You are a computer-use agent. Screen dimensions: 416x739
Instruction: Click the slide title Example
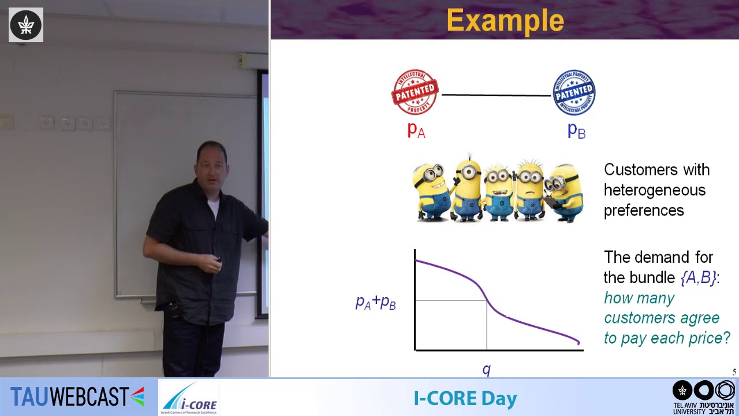(x=505, y=21)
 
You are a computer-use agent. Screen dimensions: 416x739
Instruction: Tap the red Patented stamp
(x=415, y=92)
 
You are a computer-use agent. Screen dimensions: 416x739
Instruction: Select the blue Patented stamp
(x=574, y=92)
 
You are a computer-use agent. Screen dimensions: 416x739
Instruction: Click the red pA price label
(x=416, y=130)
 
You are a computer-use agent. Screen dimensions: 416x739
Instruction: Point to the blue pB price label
(x=576, y=130)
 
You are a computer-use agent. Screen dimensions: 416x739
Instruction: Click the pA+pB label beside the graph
(x=375, y=302)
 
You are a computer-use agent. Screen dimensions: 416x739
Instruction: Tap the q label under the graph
(x=486, y=370)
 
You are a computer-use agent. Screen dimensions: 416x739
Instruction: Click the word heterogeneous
(x=654, y=190)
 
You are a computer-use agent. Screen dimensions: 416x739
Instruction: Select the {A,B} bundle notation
(x=699, y=277)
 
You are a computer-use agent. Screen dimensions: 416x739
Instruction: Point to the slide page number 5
(x=734, y=372)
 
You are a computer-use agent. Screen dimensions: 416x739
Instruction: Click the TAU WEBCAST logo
(x=77, y=397)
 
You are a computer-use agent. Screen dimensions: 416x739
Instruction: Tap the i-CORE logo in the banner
(x=189, y=398)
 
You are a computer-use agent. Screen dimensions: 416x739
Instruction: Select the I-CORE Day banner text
(x=465, y=398)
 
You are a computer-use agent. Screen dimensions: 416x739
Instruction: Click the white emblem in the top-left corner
(x=25, y=25)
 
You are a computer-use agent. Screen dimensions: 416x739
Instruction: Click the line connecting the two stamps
(x=495, y=95)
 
